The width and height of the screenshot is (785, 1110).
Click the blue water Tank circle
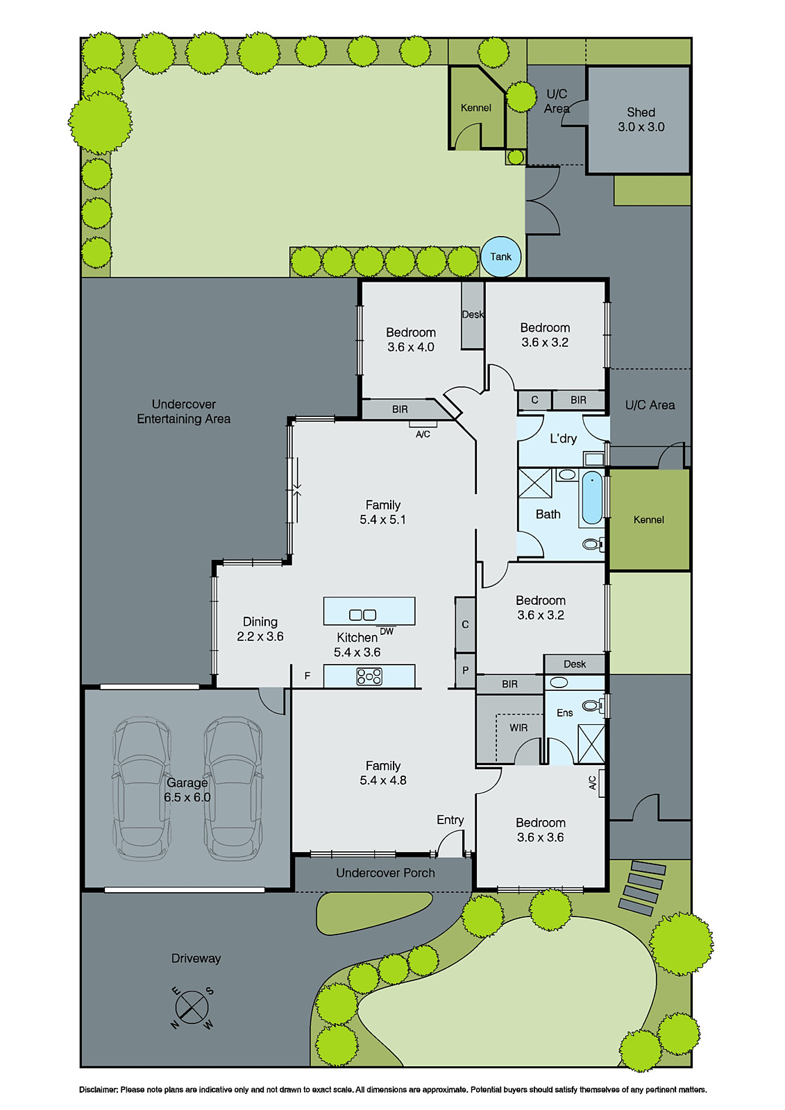click(500, 257)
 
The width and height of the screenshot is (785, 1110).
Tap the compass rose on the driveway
click(193, 1008)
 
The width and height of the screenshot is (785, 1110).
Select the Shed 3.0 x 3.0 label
click(641, 119)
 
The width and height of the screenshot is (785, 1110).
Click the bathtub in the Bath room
click(592, 497)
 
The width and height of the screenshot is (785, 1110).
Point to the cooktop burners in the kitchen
click(369, 676)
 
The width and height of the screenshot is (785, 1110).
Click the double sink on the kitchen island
click(362, 615)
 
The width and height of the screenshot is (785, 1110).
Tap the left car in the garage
click(142, 789)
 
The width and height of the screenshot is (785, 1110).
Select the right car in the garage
click(233, 789)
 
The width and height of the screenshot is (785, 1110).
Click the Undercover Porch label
click(385, 873)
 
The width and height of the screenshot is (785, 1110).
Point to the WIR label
click(518, 728)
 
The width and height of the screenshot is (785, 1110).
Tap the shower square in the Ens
click(591, 744)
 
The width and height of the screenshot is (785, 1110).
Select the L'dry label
click(563, 438)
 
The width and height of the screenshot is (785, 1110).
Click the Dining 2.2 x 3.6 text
click(260, 629)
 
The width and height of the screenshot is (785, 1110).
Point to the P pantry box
click(465, 670)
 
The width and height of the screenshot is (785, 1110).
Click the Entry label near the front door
click(450, 820)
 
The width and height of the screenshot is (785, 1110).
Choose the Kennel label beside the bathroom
click(648, 520)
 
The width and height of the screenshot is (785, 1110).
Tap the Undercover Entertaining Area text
click(183, 411)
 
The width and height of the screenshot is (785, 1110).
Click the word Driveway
click(196, 958)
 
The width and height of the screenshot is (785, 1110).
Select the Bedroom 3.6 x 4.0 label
click(411, 340)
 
